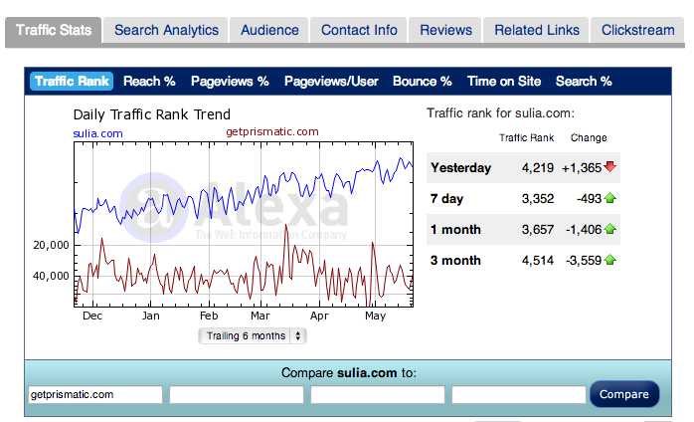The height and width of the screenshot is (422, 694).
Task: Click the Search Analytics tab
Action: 166,30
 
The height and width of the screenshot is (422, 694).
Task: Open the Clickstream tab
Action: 637,30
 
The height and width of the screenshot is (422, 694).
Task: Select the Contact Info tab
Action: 359,30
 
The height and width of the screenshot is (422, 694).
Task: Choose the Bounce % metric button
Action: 423,82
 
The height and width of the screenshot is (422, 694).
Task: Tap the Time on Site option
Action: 504,82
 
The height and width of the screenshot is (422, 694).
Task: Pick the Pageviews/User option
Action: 331,82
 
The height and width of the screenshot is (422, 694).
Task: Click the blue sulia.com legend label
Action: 97,133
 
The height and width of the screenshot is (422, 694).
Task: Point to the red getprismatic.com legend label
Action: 272,131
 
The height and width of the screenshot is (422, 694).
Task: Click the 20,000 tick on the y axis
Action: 51,245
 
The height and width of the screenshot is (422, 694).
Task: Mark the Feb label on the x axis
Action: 209,316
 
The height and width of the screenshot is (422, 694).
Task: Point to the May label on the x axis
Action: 375,316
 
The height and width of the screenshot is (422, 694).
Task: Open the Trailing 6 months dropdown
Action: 253,336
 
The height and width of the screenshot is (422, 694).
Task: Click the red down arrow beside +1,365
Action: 609,166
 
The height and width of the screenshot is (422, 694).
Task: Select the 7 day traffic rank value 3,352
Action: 538,199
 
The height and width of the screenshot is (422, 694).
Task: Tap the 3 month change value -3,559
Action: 584,260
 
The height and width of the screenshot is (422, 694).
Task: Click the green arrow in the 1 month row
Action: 609,229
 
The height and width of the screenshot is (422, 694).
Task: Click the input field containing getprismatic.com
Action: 95,394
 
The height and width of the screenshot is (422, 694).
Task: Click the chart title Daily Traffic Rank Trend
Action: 152,114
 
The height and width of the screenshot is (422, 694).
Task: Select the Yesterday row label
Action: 460,168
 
